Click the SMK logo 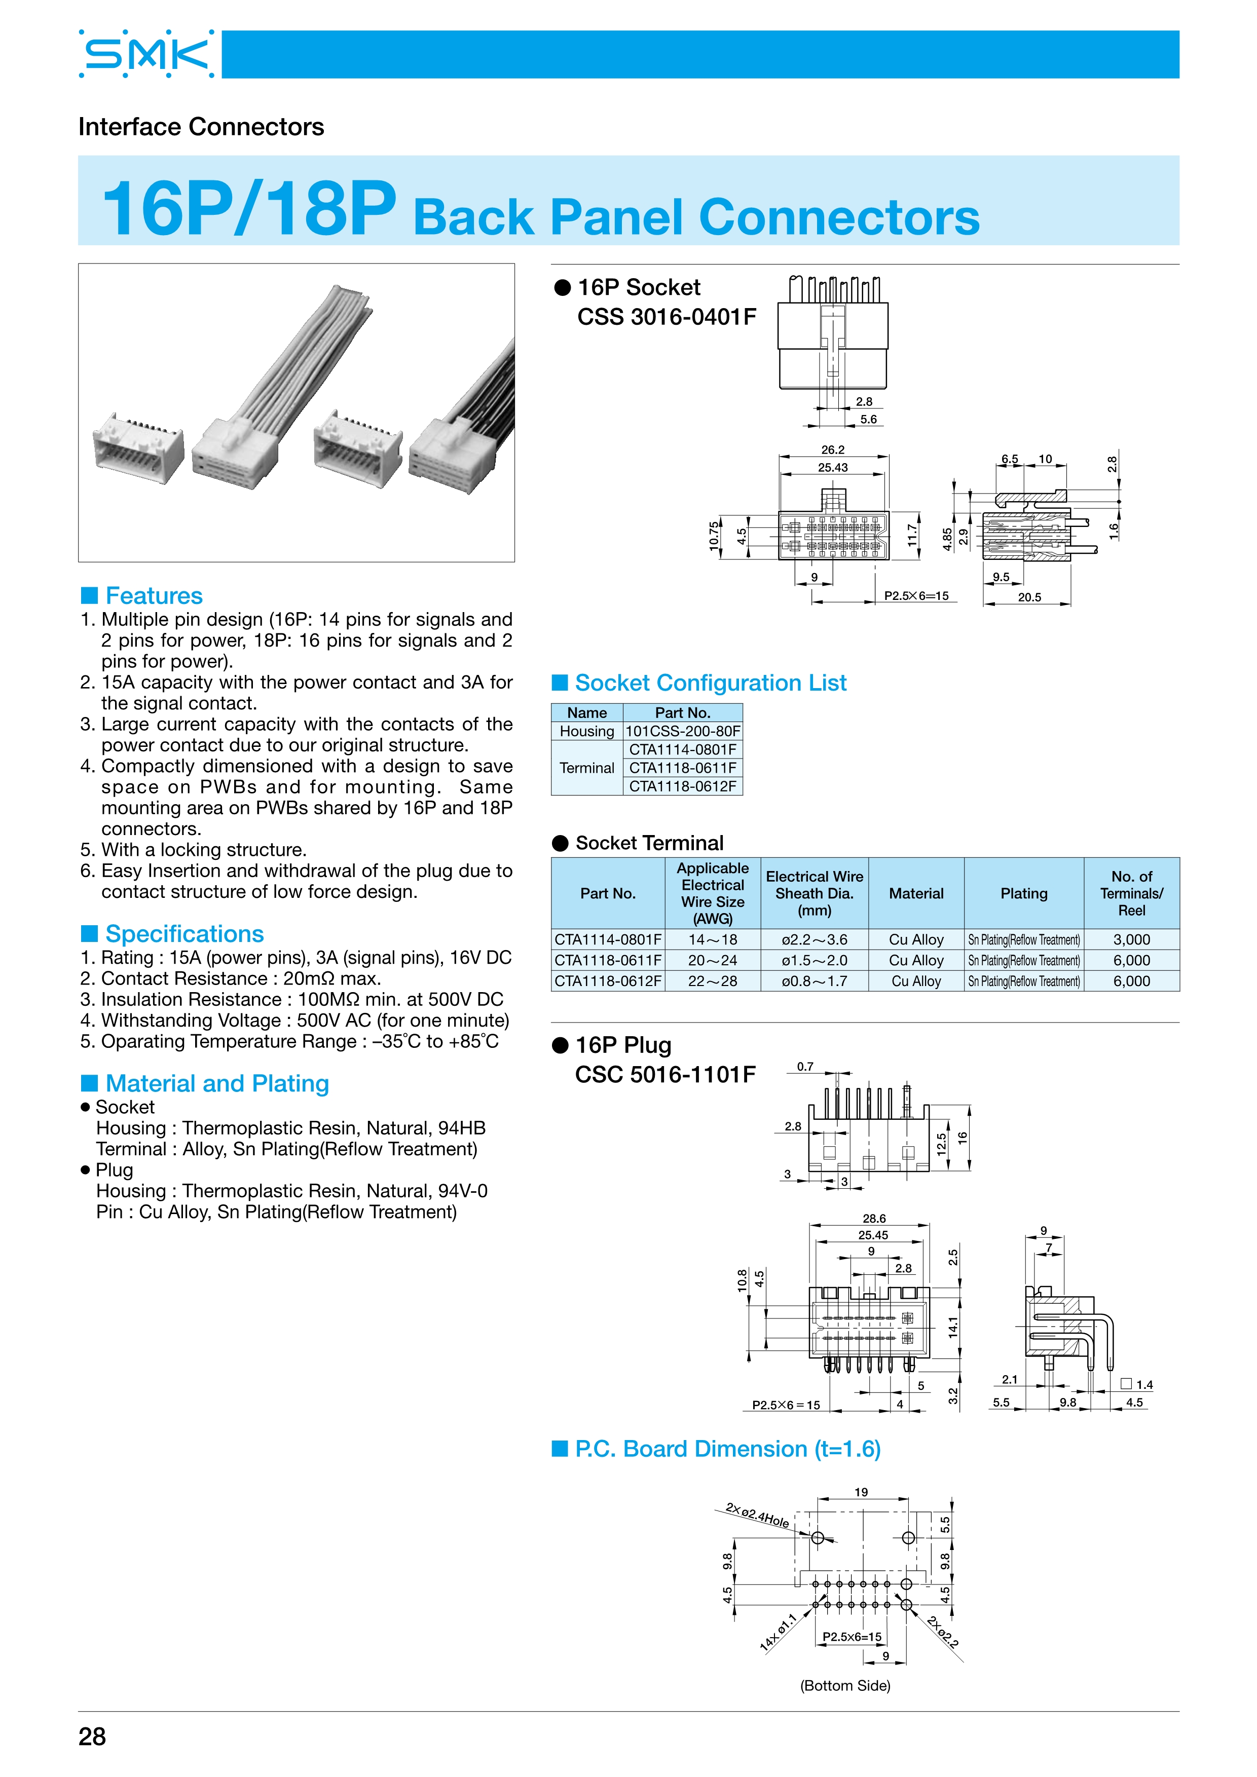pos(146,54)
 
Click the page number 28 pos(92,1736)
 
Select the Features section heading pos(153,595)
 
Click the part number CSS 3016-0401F pos(667,317)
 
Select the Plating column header pos(1023,893)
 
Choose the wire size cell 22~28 pos(712,981)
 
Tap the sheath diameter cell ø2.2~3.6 pos(815,939)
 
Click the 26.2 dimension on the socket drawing pos(833,449)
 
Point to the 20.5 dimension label pos(1029,597)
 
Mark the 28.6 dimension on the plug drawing pos(874,1218)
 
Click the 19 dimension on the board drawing pos(861,1492)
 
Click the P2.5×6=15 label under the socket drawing pos(916,596)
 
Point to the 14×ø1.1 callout pos(779,1633)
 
